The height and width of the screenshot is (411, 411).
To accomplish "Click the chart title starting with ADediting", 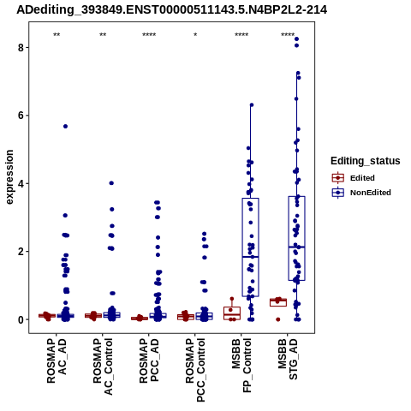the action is click(x=171, y=10).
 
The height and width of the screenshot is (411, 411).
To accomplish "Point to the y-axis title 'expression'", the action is click(x=9, y=177).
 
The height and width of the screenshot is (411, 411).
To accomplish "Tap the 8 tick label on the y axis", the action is click(x=21, y=47).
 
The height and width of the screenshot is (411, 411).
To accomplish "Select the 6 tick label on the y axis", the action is click(x=21, y=116).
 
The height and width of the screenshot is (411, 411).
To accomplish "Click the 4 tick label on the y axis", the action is click(x=21, y=183).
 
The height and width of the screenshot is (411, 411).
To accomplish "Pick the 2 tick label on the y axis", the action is click(x=21, y=252).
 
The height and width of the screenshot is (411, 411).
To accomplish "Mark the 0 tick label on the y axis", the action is click(x=21, y=319).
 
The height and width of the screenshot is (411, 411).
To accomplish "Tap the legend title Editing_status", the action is click(x=366, y=161).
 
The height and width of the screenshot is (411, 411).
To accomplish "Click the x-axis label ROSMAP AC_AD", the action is click(x=57, y=360).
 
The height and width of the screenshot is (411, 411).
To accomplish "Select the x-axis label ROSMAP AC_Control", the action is click(x=103, y=366).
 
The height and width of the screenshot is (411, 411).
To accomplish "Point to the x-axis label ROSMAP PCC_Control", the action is click(x=195, y=370).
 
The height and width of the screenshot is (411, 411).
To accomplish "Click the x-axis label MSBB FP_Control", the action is click(x=241, y=366).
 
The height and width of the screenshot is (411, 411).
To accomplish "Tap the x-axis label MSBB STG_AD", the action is click(x=288, y=359).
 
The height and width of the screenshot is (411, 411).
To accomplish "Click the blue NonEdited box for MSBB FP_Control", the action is click(x=242, y=247).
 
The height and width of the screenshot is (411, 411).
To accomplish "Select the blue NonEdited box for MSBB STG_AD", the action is click(x=289, y=238).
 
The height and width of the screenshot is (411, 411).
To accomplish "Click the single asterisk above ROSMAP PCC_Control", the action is click(x=195, y=35).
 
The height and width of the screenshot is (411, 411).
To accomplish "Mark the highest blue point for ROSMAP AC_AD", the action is click(x=65, y=126).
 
